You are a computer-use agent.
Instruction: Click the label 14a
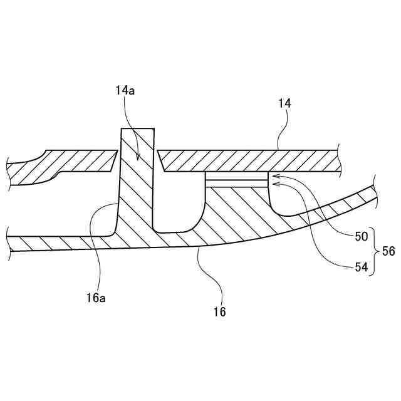click(x=125, y=91)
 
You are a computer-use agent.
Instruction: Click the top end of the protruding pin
click(x=137, y=130)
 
